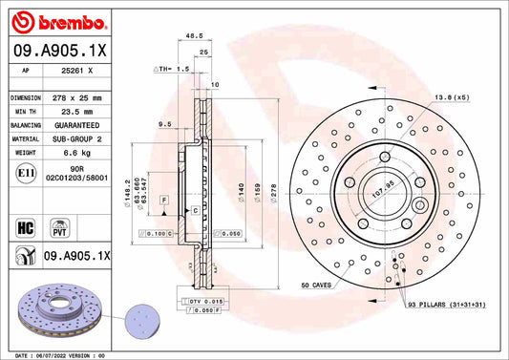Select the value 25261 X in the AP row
(x=77, y=71)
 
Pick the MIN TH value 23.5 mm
(x=75, y=112)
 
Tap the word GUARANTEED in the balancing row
(x=75, y=125)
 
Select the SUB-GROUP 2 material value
(x=75, y=138)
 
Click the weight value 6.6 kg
(x=75, y=152)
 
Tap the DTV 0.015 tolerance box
(x=201, y=302)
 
